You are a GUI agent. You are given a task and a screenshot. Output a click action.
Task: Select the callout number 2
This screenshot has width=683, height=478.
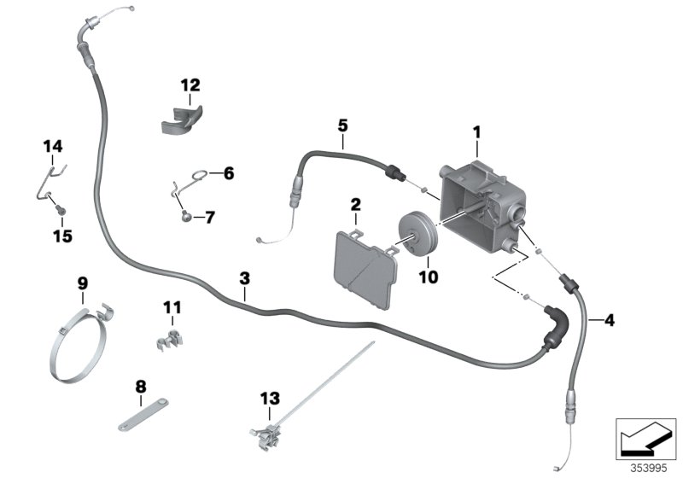point(356,205)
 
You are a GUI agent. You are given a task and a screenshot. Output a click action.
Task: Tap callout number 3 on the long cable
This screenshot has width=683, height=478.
point(244,279)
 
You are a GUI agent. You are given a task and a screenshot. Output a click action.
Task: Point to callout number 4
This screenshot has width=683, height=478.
point(609,321)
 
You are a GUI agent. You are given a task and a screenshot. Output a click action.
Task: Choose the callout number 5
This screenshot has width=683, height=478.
point(342,125)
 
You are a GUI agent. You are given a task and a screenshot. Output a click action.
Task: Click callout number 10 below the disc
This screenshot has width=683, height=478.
point(425,277)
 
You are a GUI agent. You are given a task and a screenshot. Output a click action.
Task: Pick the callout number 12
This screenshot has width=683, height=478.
point(190,85)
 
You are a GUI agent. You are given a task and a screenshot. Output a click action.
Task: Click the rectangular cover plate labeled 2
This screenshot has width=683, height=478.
point(365,267)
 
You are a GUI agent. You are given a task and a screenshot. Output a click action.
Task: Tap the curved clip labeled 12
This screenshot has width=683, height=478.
point(182,120)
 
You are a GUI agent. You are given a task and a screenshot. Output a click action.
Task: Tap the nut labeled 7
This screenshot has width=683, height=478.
point(185,219)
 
